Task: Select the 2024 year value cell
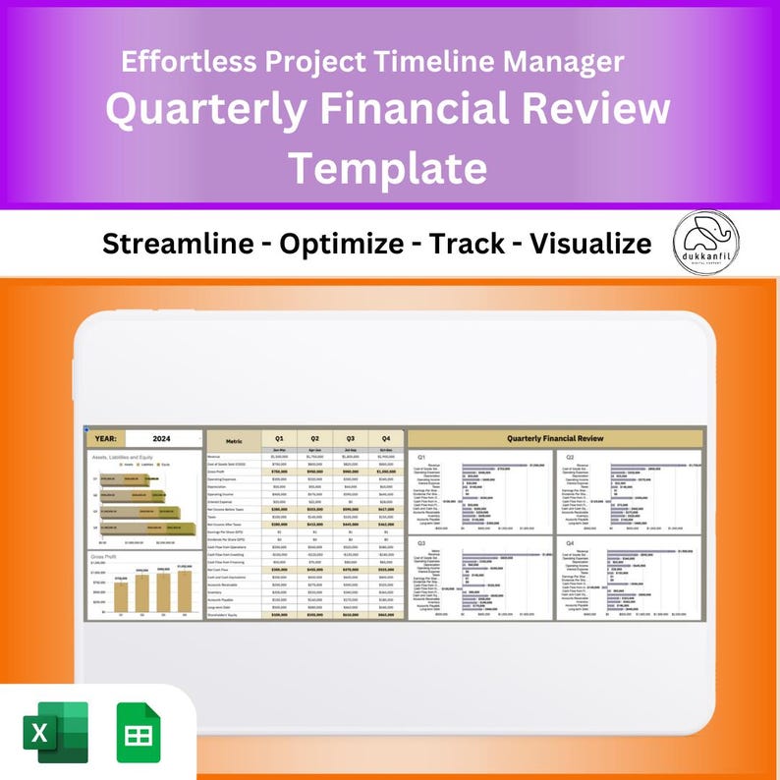[163, 439]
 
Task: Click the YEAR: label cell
[106, 439]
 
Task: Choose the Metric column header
[234, 441]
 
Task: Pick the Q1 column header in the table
[279, 438]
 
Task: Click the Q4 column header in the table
[386, 438]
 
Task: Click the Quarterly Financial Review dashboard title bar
[556, 438]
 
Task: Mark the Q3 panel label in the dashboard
[421, 542]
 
